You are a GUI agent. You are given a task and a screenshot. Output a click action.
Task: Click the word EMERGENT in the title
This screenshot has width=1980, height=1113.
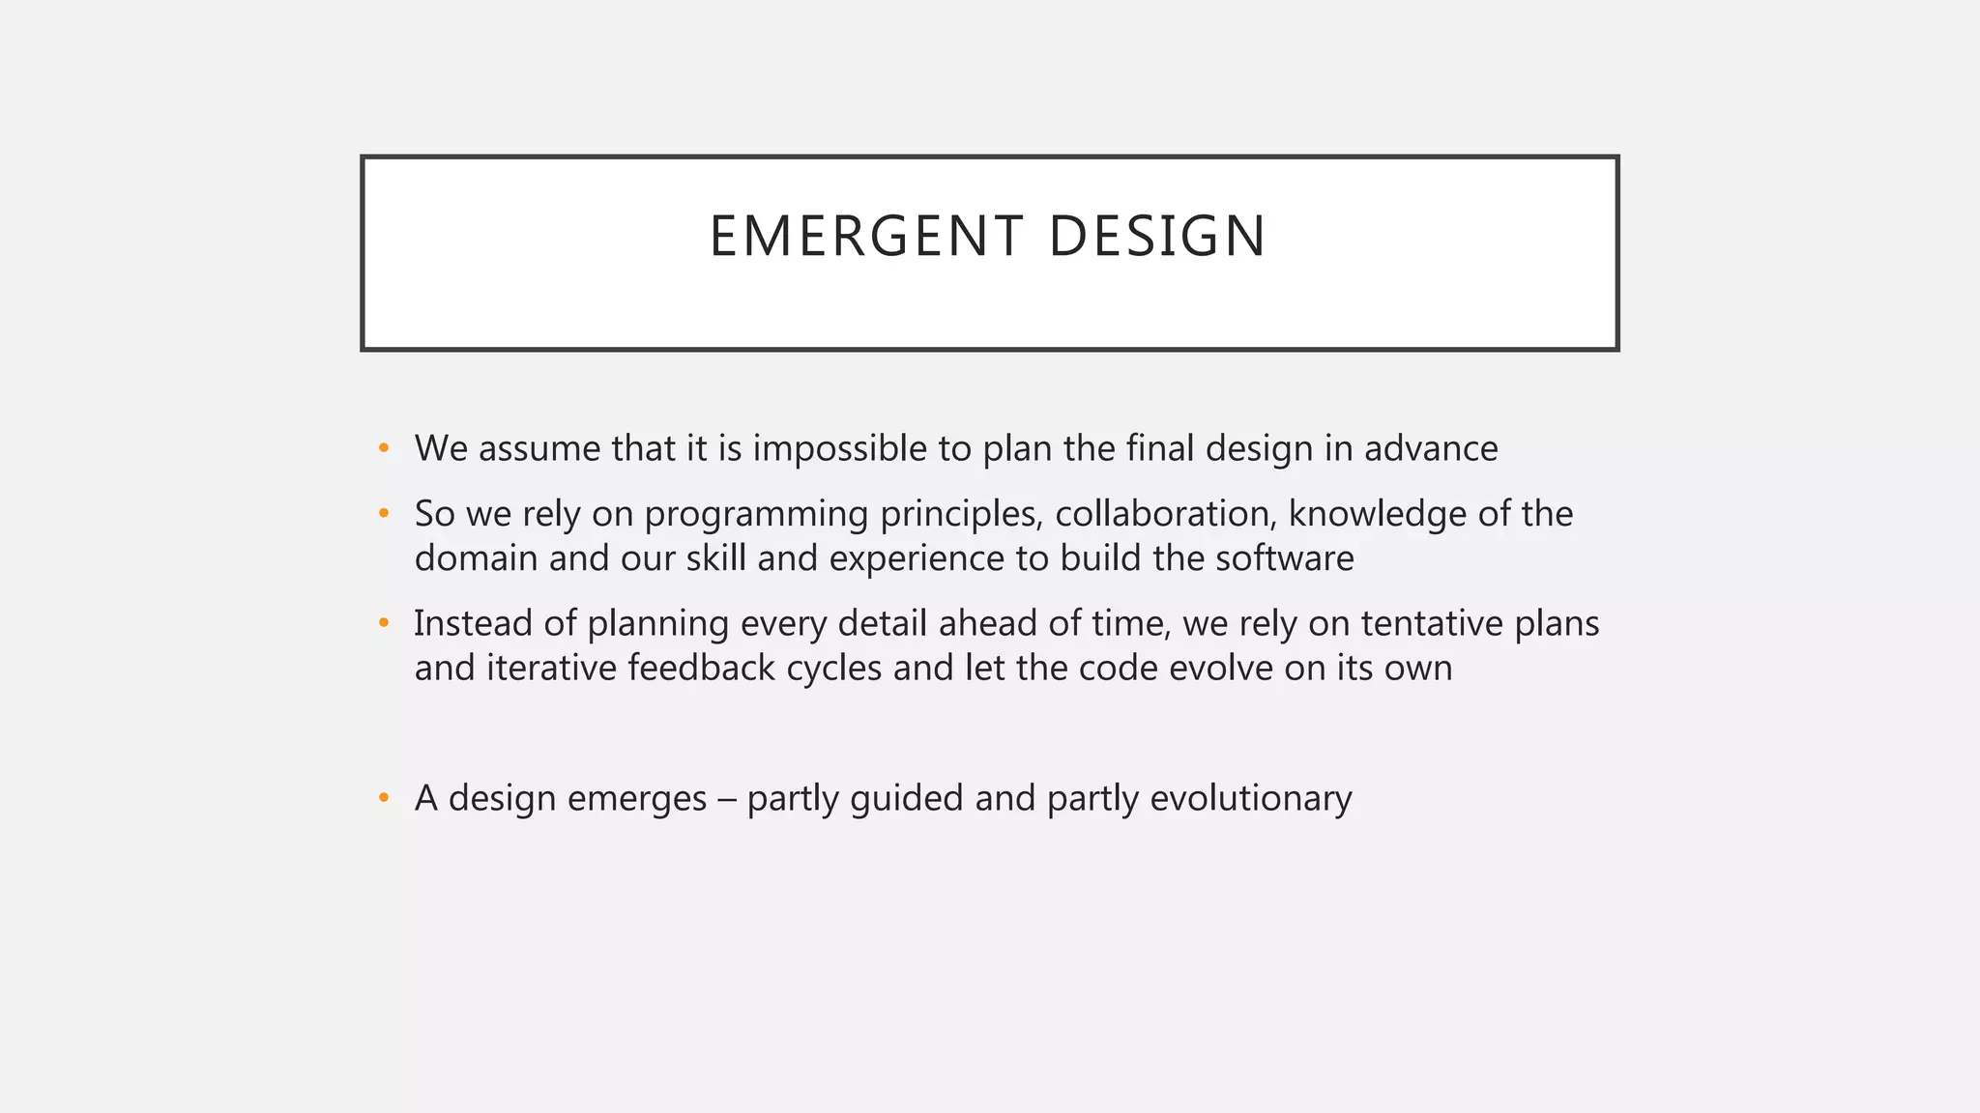point(864,237)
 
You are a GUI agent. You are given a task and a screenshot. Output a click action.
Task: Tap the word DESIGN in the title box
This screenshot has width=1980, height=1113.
point(1156,237)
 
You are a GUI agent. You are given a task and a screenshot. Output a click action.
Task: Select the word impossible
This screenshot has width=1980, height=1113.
point(839,449)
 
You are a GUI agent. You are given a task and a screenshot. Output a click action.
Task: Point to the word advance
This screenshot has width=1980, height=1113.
point(1431,449)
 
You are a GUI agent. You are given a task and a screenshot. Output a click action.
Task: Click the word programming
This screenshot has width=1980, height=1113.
point(756,515)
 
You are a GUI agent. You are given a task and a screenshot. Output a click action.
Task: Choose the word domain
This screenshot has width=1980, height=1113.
point(476,559)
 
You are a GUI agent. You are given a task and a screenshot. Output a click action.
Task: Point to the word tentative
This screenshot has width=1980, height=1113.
point(1432,624)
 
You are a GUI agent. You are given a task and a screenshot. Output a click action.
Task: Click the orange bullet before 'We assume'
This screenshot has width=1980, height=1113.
point(384,448)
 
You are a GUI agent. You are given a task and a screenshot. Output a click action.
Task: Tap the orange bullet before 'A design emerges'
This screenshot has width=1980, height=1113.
point(384,798)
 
